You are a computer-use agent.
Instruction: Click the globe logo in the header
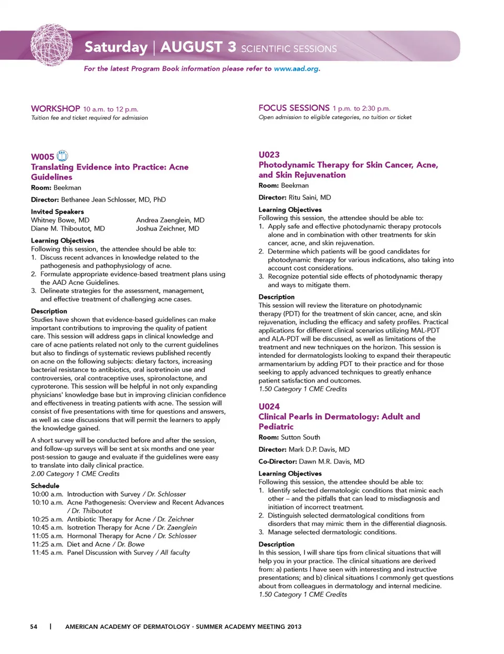click(x=51, y=45)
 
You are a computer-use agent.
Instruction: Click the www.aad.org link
click(x=296, y=69)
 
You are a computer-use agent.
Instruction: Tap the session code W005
click(x=43, y=157)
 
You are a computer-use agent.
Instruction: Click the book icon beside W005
click(x=62, y=155)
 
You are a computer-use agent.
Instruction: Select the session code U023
click(x=269, y=154)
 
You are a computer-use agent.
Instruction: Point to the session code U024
click(x=269, y=406)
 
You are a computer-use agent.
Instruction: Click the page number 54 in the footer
click(x=34, y=627)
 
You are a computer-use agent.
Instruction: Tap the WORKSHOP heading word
click(x=56, y=109)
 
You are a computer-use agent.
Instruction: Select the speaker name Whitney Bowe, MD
click(x=60, y=220)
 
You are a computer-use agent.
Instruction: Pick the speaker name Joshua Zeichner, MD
click(x=167, y=229)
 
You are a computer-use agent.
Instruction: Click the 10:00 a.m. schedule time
click(x=47, y=494)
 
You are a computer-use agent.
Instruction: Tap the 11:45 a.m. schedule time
click(x=47, y=553)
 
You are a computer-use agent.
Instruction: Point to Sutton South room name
click(x=300, y=437)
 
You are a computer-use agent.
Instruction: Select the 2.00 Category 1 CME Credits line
click(x=75, y=474)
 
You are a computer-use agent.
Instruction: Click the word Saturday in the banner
click(x=116, y=47)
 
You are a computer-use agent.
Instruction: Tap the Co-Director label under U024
click(x=278, y=461)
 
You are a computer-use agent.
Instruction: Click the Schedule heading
click(x=45, y=486)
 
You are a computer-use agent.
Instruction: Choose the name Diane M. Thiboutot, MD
click(x=68, y=229)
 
